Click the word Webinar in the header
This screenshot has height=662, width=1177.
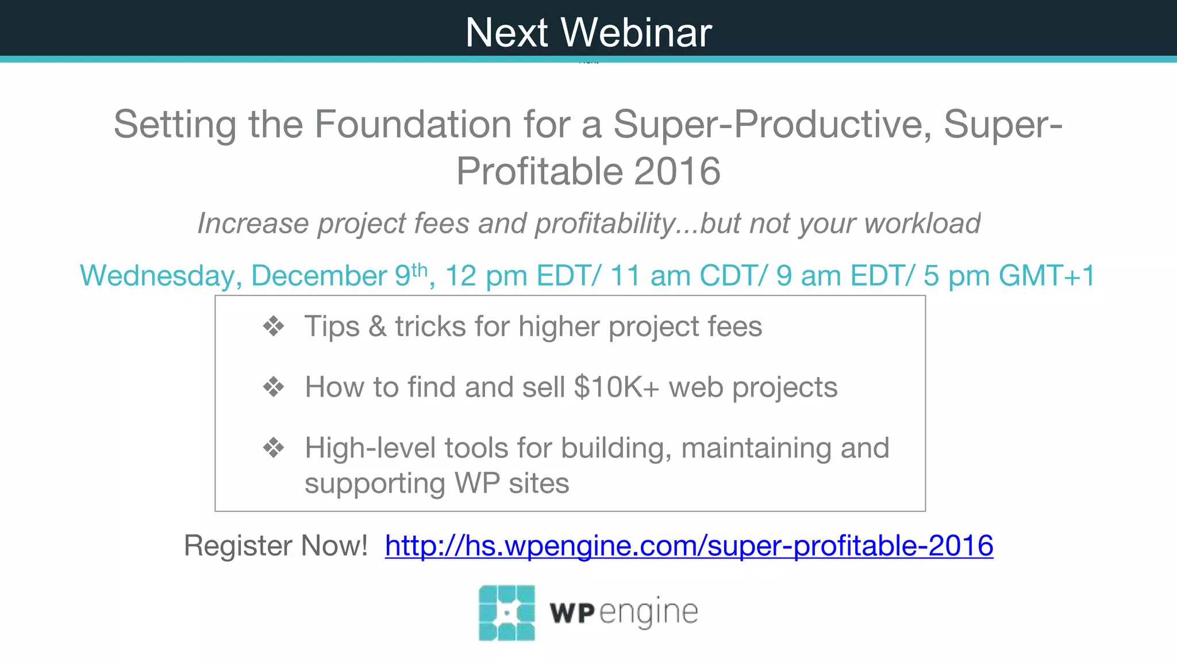pyautogui.click(x=636, y=33)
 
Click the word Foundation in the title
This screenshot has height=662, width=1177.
pyautogui.click(x=413, y=124)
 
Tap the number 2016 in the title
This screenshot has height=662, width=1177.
pyautogui.click(x=677, y=171)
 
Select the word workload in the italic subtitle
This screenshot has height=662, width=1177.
pyautogui.click(x=922, y=224)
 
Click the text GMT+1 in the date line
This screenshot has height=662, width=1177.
pyautogui.click(x=1047, y=276)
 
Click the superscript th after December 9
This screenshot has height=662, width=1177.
pyautogui.click(x=420, y=269)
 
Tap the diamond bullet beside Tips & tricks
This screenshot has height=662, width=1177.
pyautogui.click(x=274, y=326)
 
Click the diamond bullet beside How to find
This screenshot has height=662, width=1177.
pyautogui.click(x=274, y=387)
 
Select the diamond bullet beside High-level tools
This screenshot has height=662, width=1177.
pyautogui.click(x=274, y=448)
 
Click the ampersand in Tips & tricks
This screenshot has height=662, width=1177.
pyautogui.click(x=377, y=327)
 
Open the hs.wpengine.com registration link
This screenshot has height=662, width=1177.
pyautogui.click(x=689, y=545)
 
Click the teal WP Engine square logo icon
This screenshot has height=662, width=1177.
pyautogui.click(x=506, y=613)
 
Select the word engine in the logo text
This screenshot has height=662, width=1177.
pyautogui.click(x=649, y=613)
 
